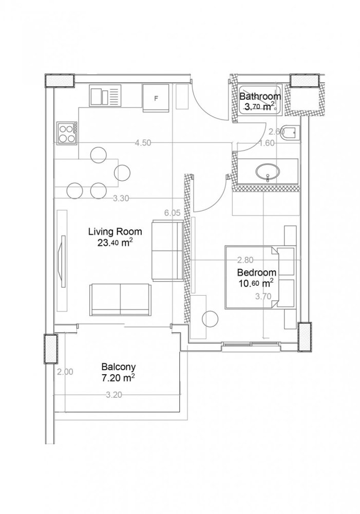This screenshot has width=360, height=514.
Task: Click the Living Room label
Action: [115, 231]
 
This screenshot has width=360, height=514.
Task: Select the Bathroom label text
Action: [261, 96]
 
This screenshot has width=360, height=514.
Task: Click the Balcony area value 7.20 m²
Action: [118, 378]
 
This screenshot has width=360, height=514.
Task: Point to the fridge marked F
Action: [156, 98]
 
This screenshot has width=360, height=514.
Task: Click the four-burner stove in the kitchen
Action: [67, 134]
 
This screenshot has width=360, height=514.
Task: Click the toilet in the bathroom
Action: [291, 133]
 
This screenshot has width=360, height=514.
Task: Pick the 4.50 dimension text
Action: [142, 143]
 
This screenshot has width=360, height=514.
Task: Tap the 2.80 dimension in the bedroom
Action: [245, 261]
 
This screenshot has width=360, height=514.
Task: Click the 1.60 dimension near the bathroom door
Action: [266, 143]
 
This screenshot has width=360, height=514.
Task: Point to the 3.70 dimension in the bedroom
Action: [263, 297]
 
